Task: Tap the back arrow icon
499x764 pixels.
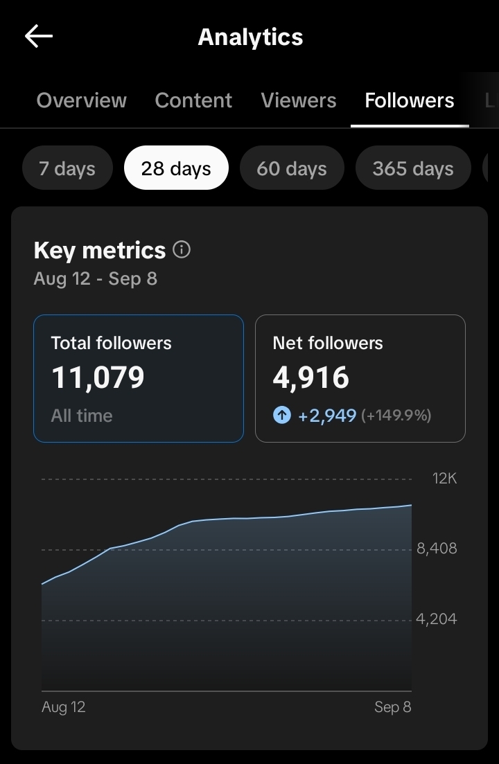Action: coord(39,37)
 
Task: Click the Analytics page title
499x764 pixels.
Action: coord(250,37)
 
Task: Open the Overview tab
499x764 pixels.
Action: coord(81,100)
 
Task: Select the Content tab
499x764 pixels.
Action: coord(193,100)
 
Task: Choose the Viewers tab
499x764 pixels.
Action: coord(298,100)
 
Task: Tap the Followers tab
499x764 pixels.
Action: coord(410,100)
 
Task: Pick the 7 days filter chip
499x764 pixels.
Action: coord(67,168)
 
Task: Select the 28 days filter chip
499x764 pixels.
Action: coord(176,168)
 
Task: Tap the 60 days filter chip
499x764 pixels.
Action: coord(291,168)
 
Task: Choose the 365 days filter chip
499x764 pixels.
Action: coord(413,168)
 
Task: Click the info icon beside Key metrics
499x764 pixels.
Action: coord(182,249)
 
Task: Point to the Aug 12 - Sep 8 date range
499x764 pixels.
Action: coord(95,279)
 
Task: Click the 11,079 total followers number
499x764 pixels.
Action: coord(98,377)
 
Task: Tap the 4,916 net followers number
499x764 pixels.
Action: coord(310,377)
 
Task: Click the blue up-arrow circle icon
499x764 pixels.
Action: coord(282,416)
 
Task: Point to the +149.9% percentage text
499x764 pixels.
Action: coord(396,416)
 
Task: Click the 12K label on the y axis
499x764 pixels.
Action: coord(444,479)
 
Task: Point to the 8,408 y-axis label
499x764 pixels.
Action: coord(437,549)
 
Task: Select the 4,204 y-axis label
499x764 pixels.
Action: coord(437,619)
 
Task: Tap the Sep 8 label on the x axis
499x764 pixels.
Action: coord(392,707)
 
